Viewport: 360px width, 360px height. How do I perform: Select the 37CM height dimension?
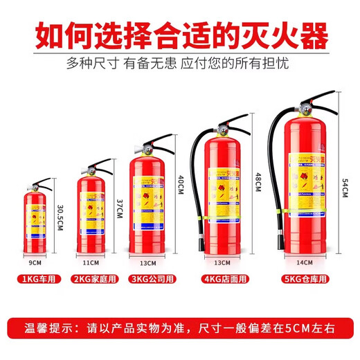coord(118,206)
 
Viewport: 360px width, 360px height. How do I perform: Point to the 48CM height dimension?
coord(258,183)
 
